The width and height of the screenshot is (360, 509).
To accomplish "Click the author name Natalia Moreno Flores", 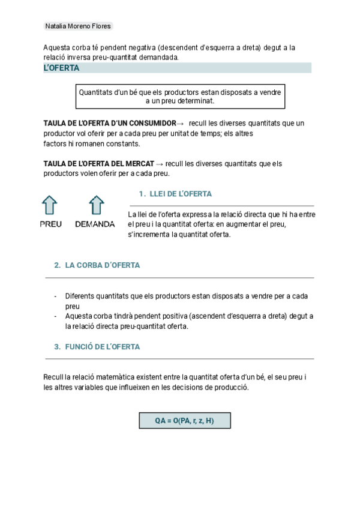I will tap(78, 26).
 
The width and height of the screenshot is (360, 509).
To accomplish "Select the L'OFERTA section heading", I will tap(61, 68).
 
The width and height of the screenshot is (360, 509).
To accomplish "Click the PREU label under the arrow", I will tap(50, 224).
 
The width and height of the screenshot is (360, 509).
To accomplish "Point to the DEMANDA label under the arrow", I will tap(95, 224).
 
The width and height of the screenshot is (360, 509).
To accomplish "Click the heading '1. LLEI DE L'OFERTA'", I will tap(175, 194).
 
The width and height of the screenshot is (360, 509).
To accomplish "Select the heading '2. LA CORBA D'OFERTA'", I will tap(97, 265).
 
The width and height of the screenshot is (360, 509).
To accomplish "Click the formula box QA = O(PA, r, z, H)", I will tap(184, 421).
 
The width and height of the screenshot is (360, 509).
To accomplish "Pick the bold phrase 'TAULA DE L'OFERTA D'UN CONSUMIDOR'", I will tap(110, 123).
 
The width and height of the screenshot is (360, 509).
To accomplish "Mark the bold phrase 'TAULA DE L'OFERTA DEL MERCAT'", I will tap(98, 163).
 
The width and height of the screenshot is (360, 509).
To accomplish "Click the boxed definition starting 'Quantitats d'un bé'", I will tap(180, 97).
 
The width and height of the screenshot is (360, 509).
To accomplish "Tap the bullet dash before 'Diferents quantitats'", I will tap(56, 296).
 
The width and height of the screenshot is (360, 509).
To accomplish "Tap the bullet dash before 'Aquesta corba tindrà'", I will tap(56, 316).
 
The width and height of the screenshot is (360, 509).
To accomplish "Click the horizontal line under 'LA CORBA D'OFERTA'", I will tap(180, 278).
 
